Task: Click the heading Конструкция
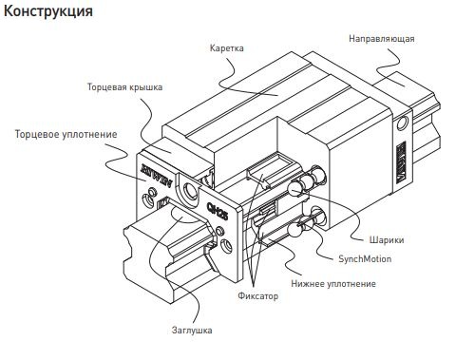[48, 11]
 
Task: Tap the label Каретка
[227, 48]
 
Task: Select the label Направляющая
[382, 39]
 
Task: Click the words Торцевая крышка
[124, 87]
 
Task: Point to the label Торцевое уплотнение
[66, 134]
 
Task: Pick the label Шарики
[387, 239]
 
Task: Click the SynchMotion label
[365, 258]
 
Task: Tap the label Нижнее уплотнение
[333, 283]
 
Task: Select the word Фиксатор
[258, 295]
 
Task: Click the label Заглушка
[192, 330]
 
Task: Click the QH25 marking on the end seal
[217, 210]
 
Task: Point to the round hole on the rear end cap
[403, 123]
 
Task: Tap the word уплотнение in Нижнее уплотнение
[351, 284]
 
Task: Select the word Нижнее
[308, 283]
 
